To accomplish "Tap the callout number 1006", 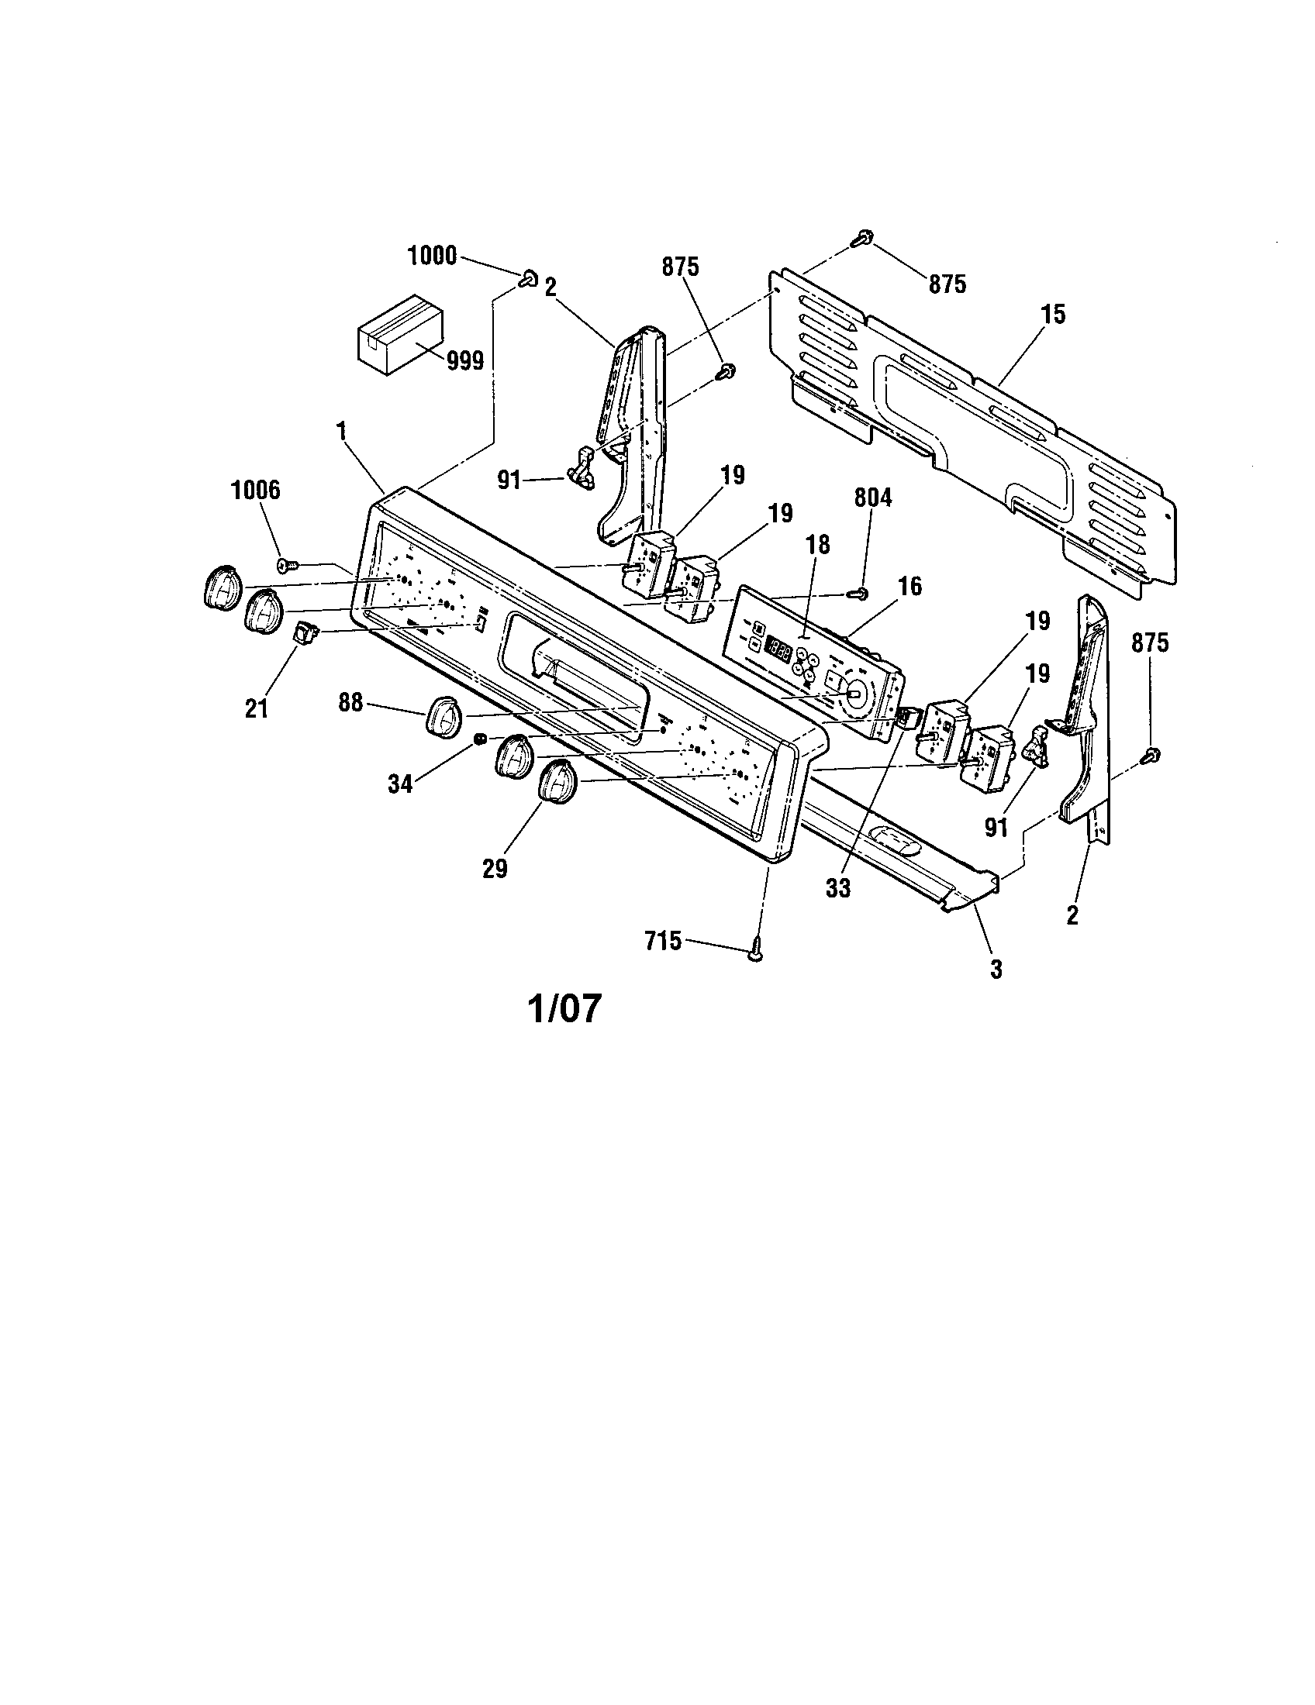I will [x=255, y=491].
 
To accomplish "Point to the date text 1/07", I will [x=564, y=1007].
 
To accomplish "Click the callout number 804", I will [x=872, y=498].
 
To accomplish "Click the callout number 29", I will [x=495, y=868].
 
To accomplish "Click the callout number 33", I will [x=838, y=888].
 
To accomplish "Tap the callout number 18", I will [x=817, y=544].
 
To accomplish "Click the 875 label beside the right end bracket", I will [x=1150, y=642].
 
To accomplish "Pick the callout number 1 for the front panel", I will [x=340, y=429].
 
